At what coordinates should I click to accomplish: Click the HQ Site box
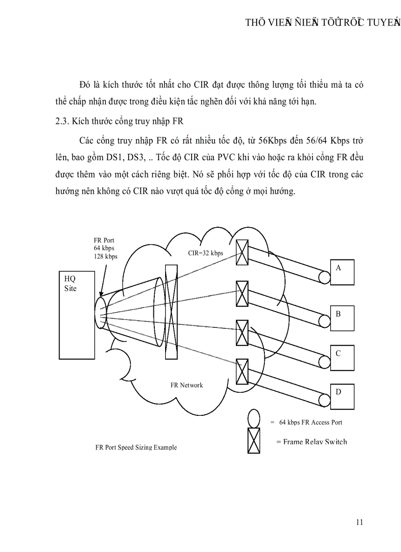(76, 315)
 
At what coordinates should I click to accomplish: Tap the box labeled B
(343, 317)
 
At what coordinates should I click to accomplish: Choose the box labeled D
(343, 395)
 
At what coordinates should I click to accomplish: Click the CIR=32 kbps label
(205, 253)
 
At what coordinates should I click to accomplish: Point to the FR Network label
(187, 385)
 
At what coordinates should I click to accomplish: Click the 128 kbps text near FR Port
(106, 257)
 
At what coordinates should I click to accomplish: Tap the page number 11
(359, 522)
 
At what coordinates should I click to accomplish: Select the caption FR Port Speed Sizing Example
(136, 447)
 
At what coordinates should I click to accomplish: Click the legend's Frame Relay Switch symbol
(254, 440)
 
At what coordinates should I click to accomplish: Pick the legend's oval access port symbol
(253, 419)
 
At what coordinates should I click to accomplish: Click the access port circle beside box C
(324, 362)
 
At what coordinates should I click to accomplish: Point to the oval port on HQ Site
(100, 313)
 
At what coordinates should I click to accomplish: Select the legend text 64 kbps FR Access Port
(311, 422)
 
